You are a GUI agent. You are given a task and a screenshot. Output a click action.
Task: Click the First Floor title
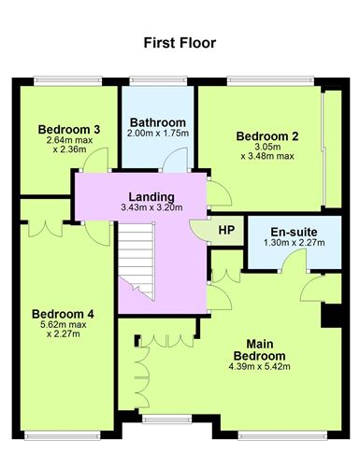(180, 42)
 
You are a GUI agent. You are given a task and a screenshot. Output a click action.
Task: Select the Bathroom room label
(157, 122)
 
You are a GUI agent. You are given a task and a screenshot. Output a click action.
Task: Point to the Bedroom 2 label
(268, 136)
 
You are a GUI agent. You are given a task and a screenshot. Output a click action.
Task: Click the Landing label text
(151, 196)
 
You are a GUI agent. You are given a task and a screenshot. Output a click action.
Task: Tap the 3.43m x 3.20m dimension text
(151, 208)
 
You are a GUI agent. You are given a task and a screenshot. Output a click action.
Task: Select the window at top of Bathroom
(156, 81)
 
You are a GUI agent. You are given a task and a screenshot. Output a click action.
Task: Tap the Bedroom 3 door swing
(91, 162)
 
